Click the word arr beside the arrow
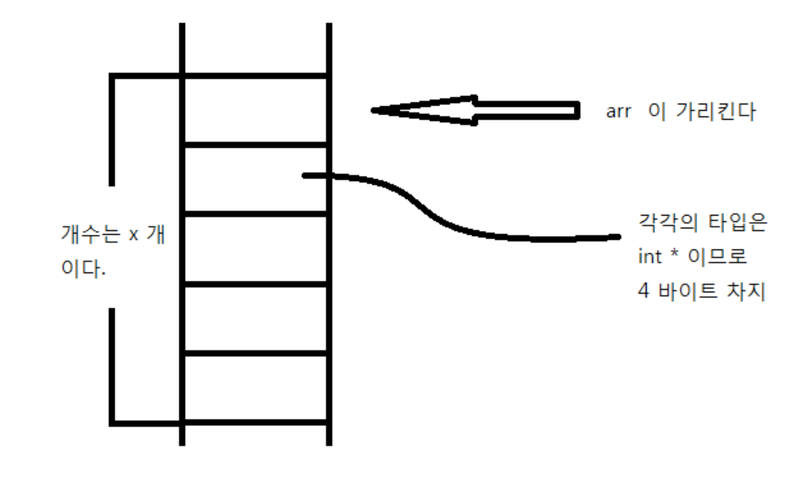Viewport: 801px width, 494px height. pyautogui.click(x=618, y=112)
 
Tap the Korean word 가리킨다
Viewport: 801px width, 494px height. pyautogui.click(x=715, y=111)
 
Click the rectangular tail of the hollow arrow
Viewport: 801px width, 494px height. pyautogui.click(x=526, y=110)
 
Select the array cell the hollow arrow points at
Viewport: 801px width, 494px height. pyautogui.click(x=255, y=110)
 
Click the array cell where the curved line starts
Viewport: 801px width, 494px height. pyautogui.click(x=255, y=179)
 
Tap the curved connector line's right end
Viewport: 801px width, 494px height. pyautogui.click(x=617, y=237)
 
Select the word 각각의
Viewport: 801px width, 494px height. pyautogui.click(x=667, y=222)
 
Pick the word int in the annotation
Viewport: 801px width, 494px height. pyautogui.click(x=649, y=256)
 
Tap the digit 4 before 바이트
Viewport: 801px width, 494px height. pyautogui.click(x=643, y=291)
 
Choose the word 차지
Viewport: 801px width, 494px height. pyautogui.click(x=746, y=291)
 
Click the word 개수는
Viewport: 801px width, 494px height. pyautogui.click(x=91, y=234)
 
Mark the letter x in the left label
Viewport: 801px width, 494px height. pyautogui.click(x=133, y=235)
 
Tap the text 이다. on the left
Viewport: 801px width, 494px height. pyautogui.click(x=83, y=268)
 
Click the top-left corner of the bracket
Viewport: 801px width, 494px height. pyautogui.click(x=112, y=76)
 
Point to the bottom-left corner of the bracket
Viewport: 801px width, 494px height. pyautogui.click(x=112, y=423)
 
